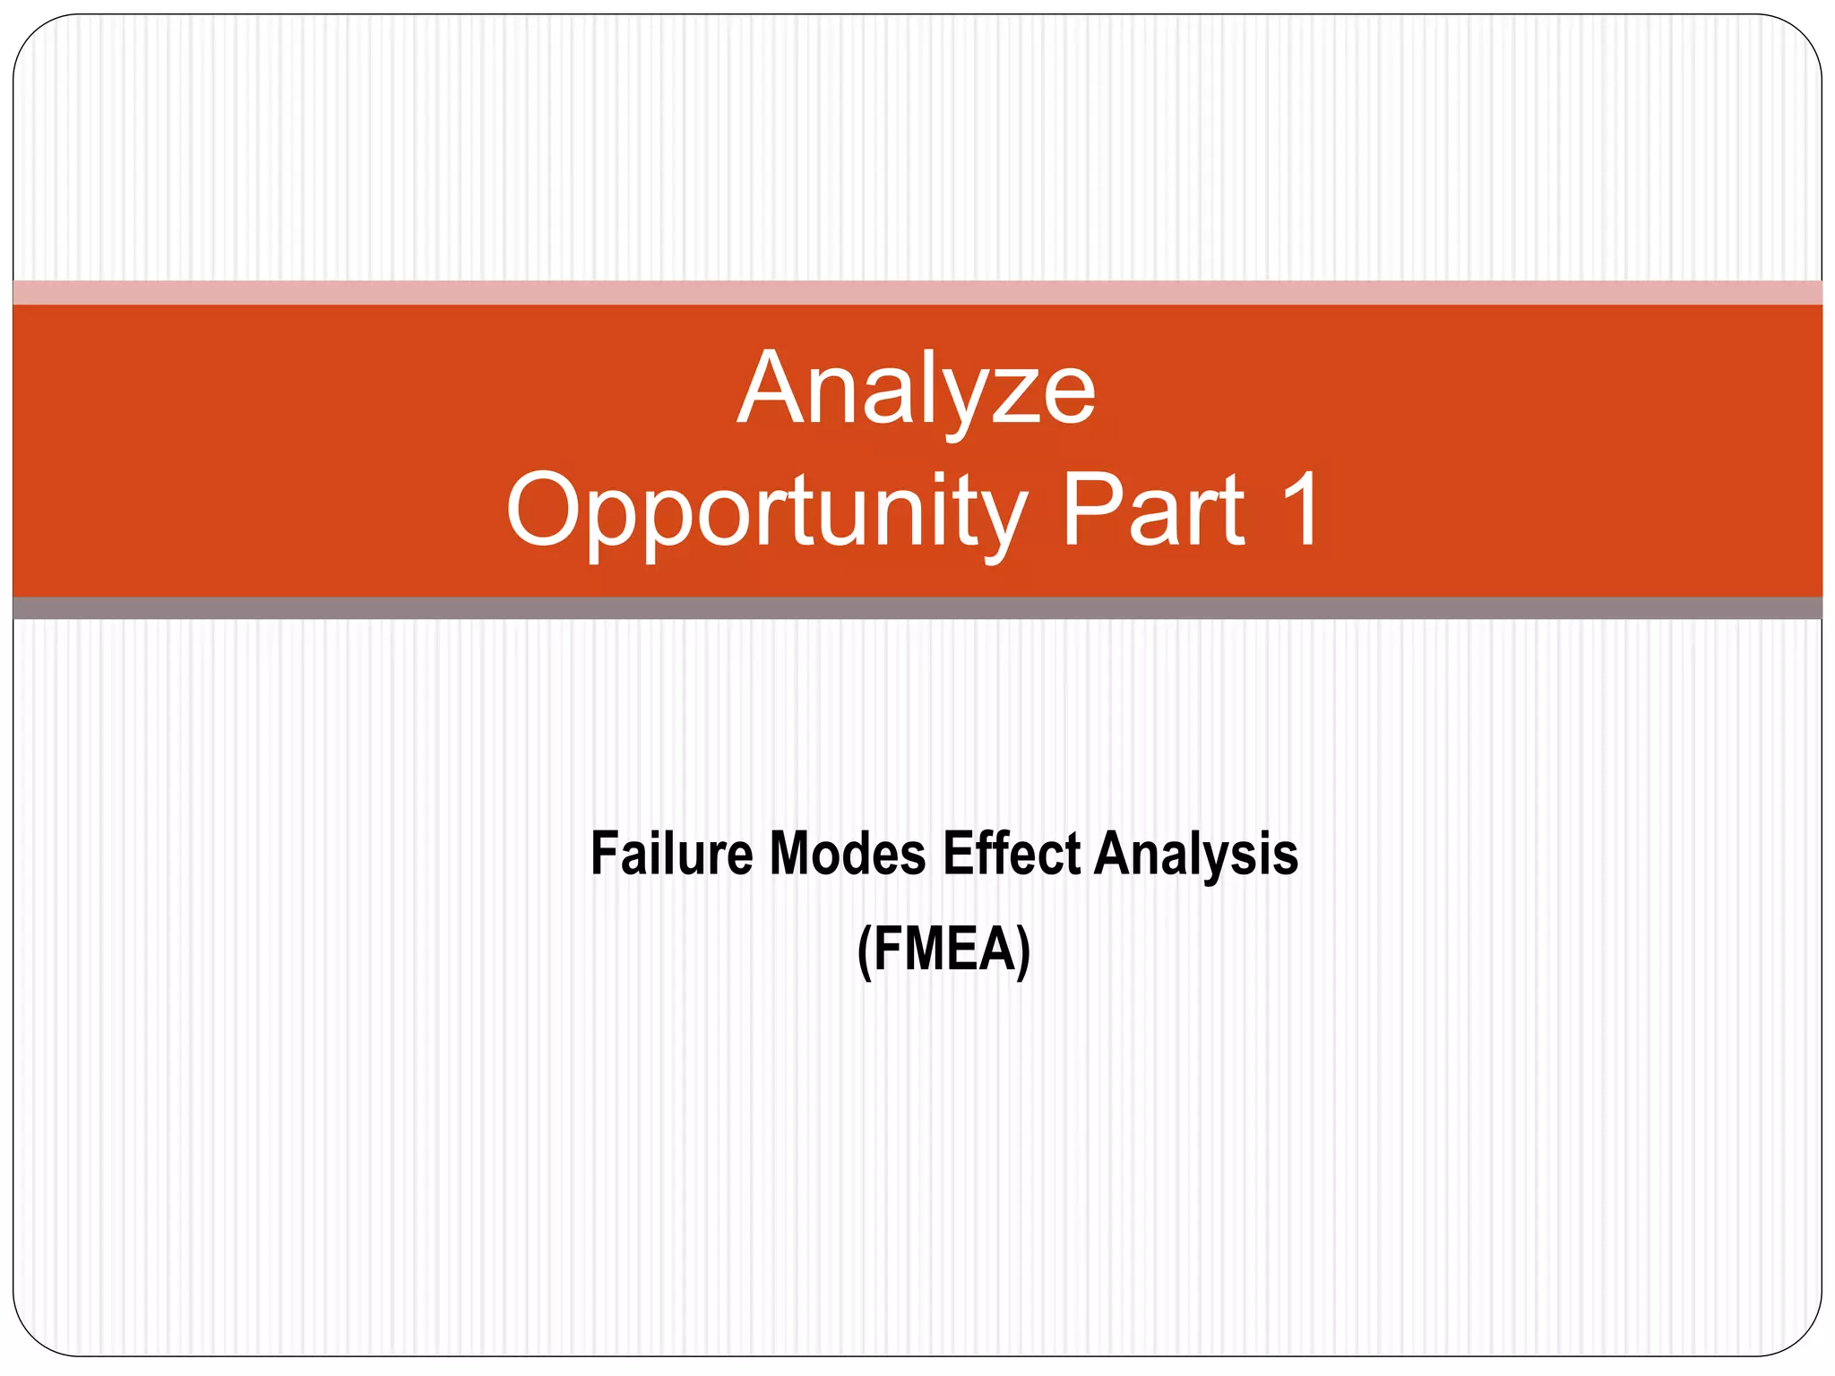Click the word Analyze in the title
[x=916, y=391]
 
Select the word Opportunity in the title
[x=767, y=511]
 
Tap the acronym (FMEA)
[x=943, y=950]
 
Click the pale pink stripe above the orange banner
[x=917, y=292]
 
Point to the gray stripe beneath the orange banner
[x=917, y=608]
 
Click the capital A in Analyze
[x=773, y=389]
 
